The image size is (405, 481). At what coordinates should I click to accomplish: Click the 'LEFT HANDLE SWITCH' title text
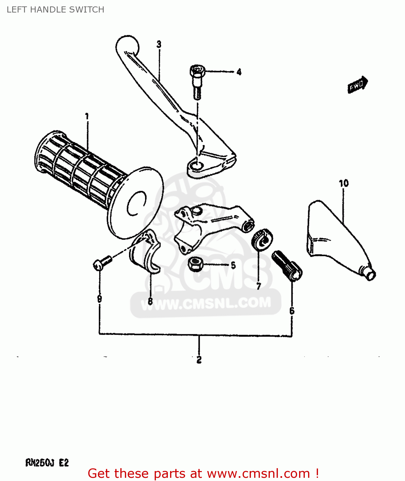click(x=55, y=10)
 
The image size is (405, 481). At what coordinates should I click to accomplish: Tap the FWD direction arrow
click(x=358, y=85)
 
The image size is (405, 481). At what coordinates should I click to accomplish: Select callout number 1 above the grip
click(x=87, y=116)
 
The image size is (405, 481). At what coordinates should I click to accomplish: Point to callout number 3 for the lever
click(x=159, y=45)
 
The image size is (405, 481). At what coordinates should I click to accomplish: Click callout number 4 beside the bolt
click(x=239, y=72)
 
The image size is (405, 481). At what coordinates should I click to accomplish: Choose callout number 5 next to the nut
click(x=233, y=265)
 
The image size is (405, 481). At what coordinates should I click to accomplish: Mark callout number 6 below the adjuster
click(x=292, y=310)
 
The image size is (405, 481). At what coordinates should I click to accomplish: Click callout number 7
click(x=259, y=286)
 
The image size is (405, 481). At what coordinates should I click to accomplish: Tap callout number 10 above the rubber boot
click(x=344, y=183)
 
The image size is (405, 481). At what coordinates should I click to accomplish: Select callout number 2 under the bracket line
click(x=199, y=360)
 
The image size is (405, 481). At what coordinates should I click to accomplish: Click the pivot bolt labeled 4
click(x=197, y=80)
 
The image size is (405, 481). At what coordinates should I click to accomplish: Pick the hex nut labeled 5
click(x=195, y=264)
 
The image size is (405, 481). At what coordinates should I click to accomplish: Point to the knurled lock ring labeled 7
click(x=262, y=239)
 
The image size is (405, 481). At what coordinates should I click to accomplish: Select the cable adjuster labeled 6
click(x=287, y=266)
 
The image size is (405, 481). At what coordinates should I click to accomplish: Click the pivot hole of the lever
click(x=196, y=165)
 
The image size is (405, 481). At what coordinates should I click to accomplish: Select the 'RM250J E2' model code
click(x=47, y=463)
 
